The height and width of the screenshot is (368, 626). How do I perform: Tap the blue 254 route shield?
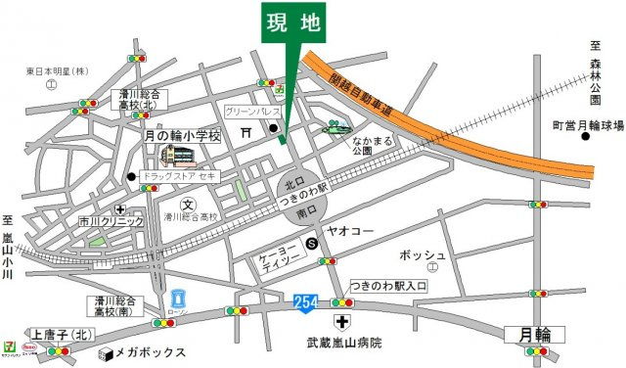[x=304, y=306]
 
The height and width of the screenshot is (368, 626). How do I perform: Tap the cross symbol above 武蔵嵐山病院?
[x=342, y=322]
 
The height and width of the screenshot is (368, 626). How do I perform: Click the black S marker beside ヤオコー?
[x=311, y=243]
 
